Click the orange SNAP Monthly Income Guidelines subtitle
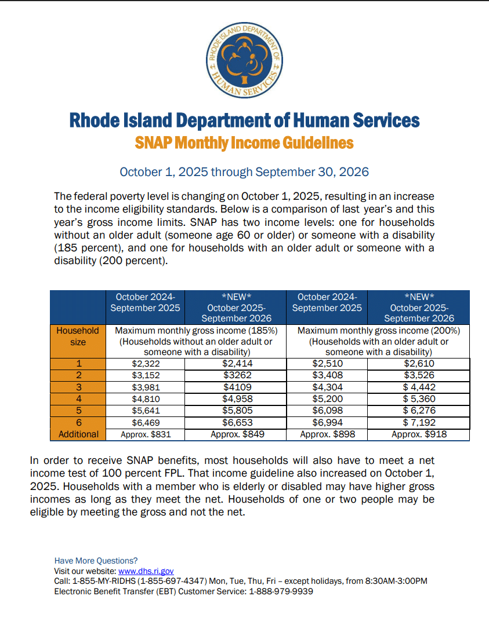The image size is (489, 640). pos(244,142)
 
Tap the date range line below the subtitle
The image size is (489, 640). pos(244,172)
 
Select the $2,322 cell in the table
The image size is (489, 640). pos(145,364)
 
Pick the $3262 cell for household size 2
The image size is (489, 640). pos(237,375)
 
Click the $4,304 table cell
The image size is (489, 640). pos(327,387)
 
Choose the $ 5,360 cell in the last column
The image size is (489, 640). pos(419,399)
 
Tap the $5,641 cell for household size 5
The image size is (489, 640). pos(145,411)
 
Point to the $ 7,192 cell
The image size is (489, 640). pos(419,422)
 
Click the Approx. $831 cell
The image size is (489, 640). pos(145,434)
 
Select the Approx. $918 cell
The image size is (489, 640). pos(419,434)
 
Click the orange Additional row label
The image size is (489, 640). pos(78,434)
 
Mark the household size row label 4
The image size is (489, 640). pos(78,399)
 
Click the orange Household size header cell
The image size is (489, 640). pos(78,336)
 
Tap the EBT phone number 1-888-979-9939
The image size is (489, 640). pos(281,591)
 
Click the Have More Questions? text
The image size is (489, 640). pos(96,561)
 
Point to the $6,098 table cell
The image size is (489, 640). pos(327,411)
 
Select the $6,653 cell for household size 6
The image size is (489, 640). pos(237,422)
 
